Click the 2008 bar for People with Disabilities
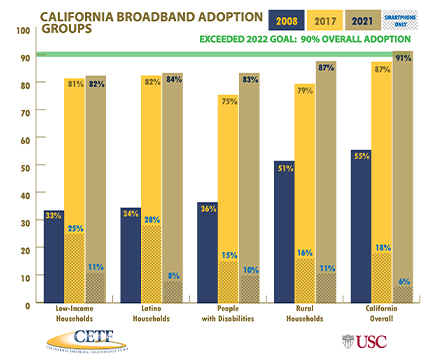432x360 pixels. pyautogui.click(x=207, y=250)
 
